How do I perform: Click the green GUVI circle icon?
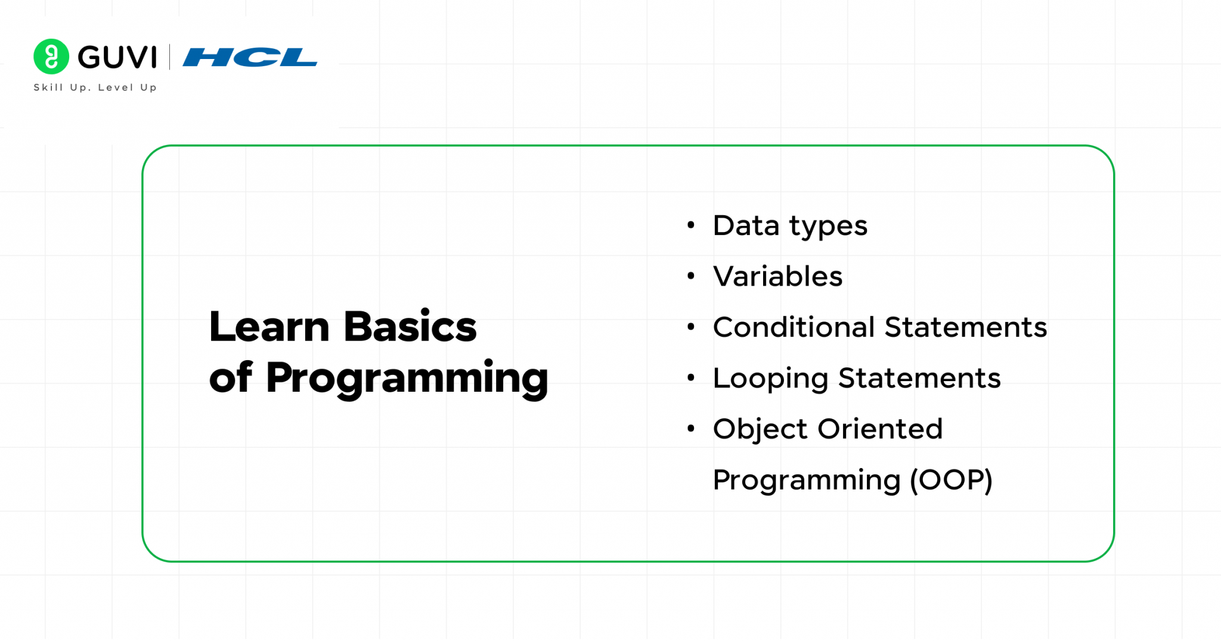[51, 57]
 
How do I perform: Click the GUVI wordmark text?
[117, 57]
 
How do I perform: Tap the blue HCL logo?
[250, 57]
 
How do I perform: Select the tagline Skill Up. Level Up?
[95, 88]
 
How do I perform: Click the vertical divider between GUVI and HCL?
[170, 57]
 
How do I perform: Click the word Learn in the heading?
[269, 327]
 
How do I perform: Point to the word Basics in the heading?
[410, 327]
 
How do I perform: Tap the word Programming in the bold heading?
[407, 379]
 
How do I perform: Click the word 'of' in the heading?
[231, 377]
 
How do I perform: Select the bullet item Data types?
[790, 226]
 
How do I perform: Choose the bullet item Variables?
[777, 277]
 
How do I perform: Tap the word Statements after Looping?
[919, 378]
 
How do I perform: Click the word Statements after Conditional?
[965, 327]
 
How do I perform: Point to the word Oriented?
[880, 429]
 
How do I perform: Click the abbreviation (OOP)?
[951, 480]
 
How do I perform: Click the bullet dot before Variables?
[691, 276]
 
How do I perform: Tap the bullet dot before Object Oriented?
[691, 429]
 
